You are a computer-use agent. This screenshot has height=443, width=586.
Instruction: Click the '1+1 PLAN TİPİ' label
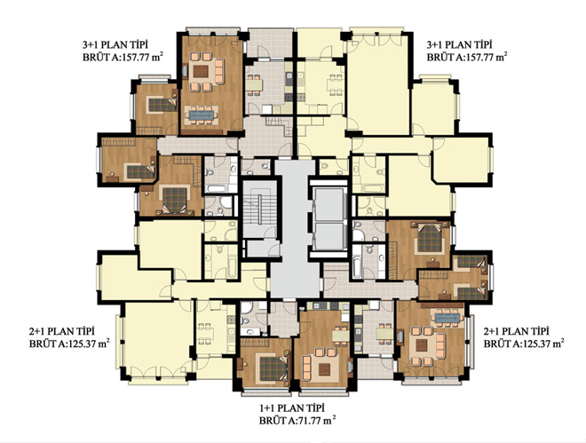291,407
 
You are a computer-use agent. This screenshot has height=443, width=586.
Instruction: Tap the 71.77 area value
310,420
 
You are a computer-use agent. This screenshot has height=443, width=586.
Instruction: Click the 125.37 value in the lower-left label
83,344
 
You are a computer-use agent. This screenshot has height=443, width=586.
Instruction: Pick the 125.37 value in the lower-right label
538,344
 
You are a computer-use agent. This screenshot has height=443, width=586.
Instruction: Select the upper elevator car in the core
329,205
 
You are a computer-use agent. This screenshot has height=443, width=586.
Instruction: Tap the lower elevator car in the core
329,236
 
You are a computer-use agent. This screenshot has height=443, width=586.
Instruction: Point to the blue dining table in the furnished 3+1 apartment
202,115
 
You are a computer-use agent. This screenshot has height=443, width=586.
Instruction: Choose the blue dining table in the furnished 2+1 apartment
447,317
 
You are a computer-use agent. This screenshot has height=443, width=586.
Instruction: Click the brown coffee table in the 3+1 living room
201,71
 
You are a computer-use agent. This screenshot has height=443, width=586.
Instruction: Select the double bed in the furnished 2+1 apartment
430,238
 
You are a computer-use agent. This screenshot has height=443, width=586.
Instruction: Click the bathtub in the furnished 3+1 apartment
220,188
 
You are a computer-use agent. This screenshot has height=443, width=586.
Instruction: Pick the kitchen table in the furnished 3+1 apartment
254,85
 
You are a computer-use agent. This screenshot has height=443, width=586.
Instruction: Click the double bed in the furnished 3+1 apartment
175,200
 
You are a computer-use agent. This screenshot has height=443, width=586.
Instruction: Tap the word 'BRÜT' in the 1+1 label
272,420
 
